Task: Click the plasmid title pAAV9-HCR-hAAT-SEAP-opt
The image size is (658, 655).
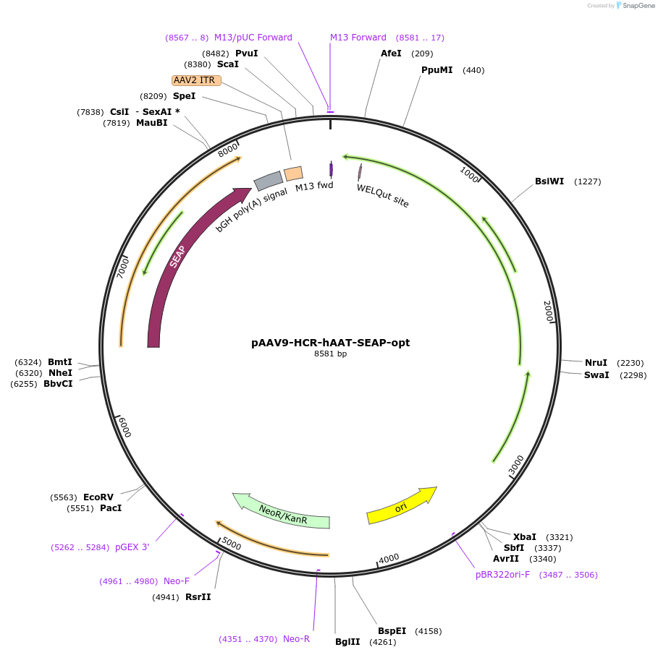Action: coord(330,343)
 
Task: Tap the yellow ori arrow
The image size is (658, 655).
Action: coord(401,505)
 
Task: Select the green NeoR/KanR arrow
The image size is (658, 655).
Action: coord(282,511)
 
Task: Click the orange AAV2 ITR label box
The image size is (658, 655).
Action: coord(196,80)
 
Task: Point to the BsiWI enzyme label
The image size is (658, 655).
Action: coord(549,181)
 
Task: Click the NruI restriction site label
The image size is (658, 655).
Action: coord(596,363)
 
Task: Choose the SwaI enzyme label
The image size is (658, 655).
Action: coord(596,375)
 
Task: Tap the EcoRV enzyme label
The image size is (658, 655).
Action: coord(98,497)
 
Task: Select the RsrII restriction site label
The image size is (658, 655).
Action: coord(198,597)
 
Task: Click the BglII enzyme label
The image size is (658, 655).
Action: coord(347,642)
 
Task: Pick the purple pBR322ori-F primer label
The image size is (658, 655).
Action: coord(502,575)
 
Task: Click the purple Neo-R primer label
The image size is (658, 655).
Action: coord(296,639)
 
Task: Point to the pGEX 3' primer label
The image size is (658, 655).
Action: coord(132,547)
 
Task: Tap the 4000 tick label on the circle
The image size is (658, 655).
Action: coord(389,558)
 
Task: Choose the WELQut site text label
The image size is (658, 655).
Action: coord(382,195)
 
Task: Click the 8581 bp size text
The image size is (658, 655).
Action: coord(330,354)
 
